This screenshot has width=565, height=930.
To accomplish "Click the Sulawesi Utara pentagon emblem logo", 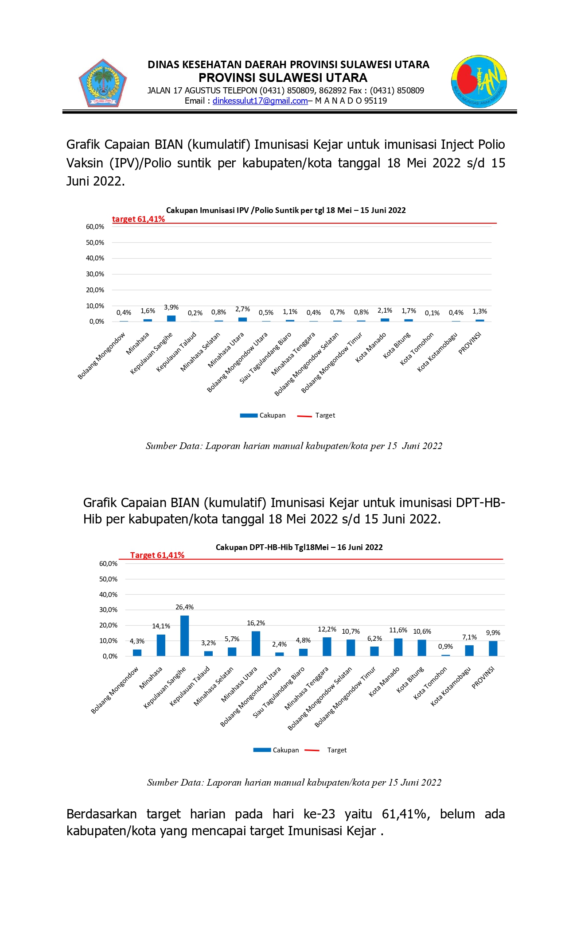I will click(x=103, y=83).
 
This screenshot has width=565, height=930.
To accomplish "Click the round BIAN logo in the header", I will click(x=479, y=81).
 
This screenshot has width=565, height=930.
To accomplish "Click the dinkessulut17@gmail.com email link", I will click(x=260, y=101).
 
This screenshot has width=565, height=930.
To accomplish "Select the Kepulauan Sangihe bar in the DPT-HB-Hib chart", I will click(x=184, y=635).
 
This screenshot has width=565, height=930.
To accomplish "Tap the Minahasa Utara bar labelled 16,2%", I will click(x=256, y=643).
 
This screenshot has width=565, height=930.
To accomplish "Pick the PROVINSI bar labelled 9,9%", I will click(x=493, y=648).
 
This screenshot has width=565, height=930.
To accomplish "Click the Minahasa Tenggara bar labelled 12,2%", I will click(x=327, y=647).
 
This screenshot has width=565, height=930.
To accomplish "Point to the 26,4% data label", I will click(x=184, y=607).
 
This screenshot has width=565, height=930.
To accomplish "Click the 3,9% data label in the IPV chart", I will click(x=171, y=307).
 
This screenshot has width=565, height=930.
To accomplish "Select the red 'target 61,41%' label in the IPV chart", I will click(x=138, y=219).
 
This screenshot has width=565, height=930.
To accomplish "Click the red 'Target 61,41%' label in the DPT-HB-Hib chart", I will click(x=157, y=555).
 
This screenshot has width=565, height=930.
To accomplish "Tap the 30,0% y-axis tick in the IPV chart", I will click(x=95, y=274).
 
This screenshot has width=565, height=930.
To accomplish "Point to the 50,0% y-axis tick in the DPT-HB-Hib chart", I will click(x=108, y=579).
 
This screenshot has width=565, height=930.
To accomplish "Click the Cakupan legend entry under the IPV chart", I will click(x=263, y=415).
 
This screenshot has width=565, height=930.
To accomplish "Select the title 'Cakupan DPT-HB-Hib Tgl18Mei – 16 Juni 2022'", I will click(x=299, y=547).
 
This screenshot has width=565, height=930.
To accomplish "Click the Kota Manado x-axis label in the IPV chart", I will click(x=371, y=348).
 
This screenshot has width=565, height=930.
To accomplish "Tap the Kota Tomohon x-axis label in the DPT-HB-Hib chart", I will click(x=430, y=683).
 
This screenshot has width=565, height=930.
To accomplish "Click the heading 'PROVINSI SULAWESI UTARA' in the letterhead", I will click(x=283, y=78).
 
